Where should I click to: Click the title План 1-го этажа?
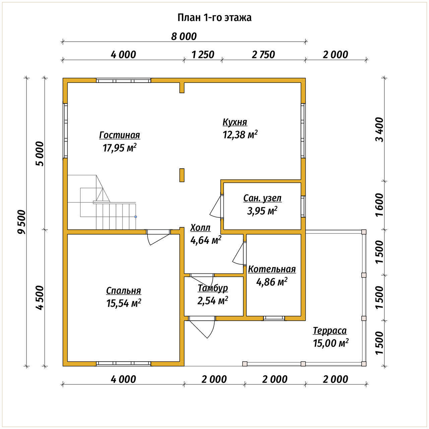[214, 18]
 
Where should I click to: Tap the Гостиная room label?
[120, 135]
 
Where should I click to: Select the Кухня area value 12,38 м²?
[240, 134]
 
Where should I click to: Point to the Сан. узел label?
[262, 198]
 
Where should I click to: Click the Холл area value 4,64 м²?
[206, 240]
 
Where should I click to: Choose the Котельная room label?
[272, 269]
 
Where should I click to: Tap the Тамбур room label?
[212, 288]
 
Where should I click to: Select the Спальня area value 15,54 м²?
[124, 303]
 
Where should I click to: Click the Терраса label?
[330, 330]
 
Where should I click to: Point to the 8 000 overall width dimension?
[184, 37]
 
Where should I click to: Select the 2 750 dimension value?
[263, 55]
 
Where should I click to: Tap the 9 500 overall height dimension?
[22, 222]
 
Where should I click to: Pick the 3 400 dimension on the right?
[380, 130]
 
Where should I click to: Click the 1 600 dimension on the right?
[380, 204]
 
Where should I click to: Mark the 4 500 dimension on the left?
[40, 298]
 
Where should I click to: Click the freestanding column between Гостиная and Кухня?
[182, 175]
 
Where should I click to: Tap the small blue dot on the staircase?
[136, 217]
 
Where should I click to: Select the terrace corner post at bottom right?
[364, 364]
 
